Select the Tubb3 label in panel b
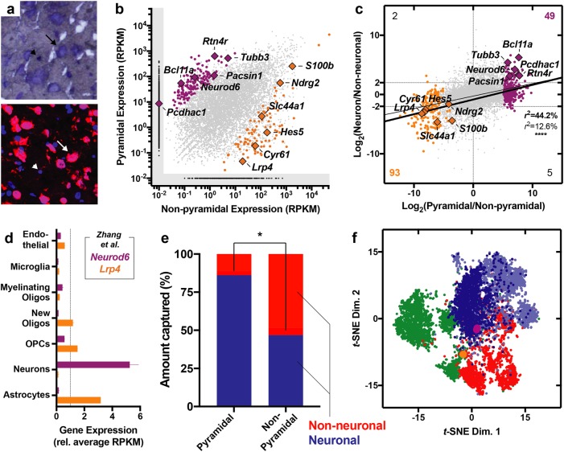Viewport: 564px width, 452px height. (x=248, y=57)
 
